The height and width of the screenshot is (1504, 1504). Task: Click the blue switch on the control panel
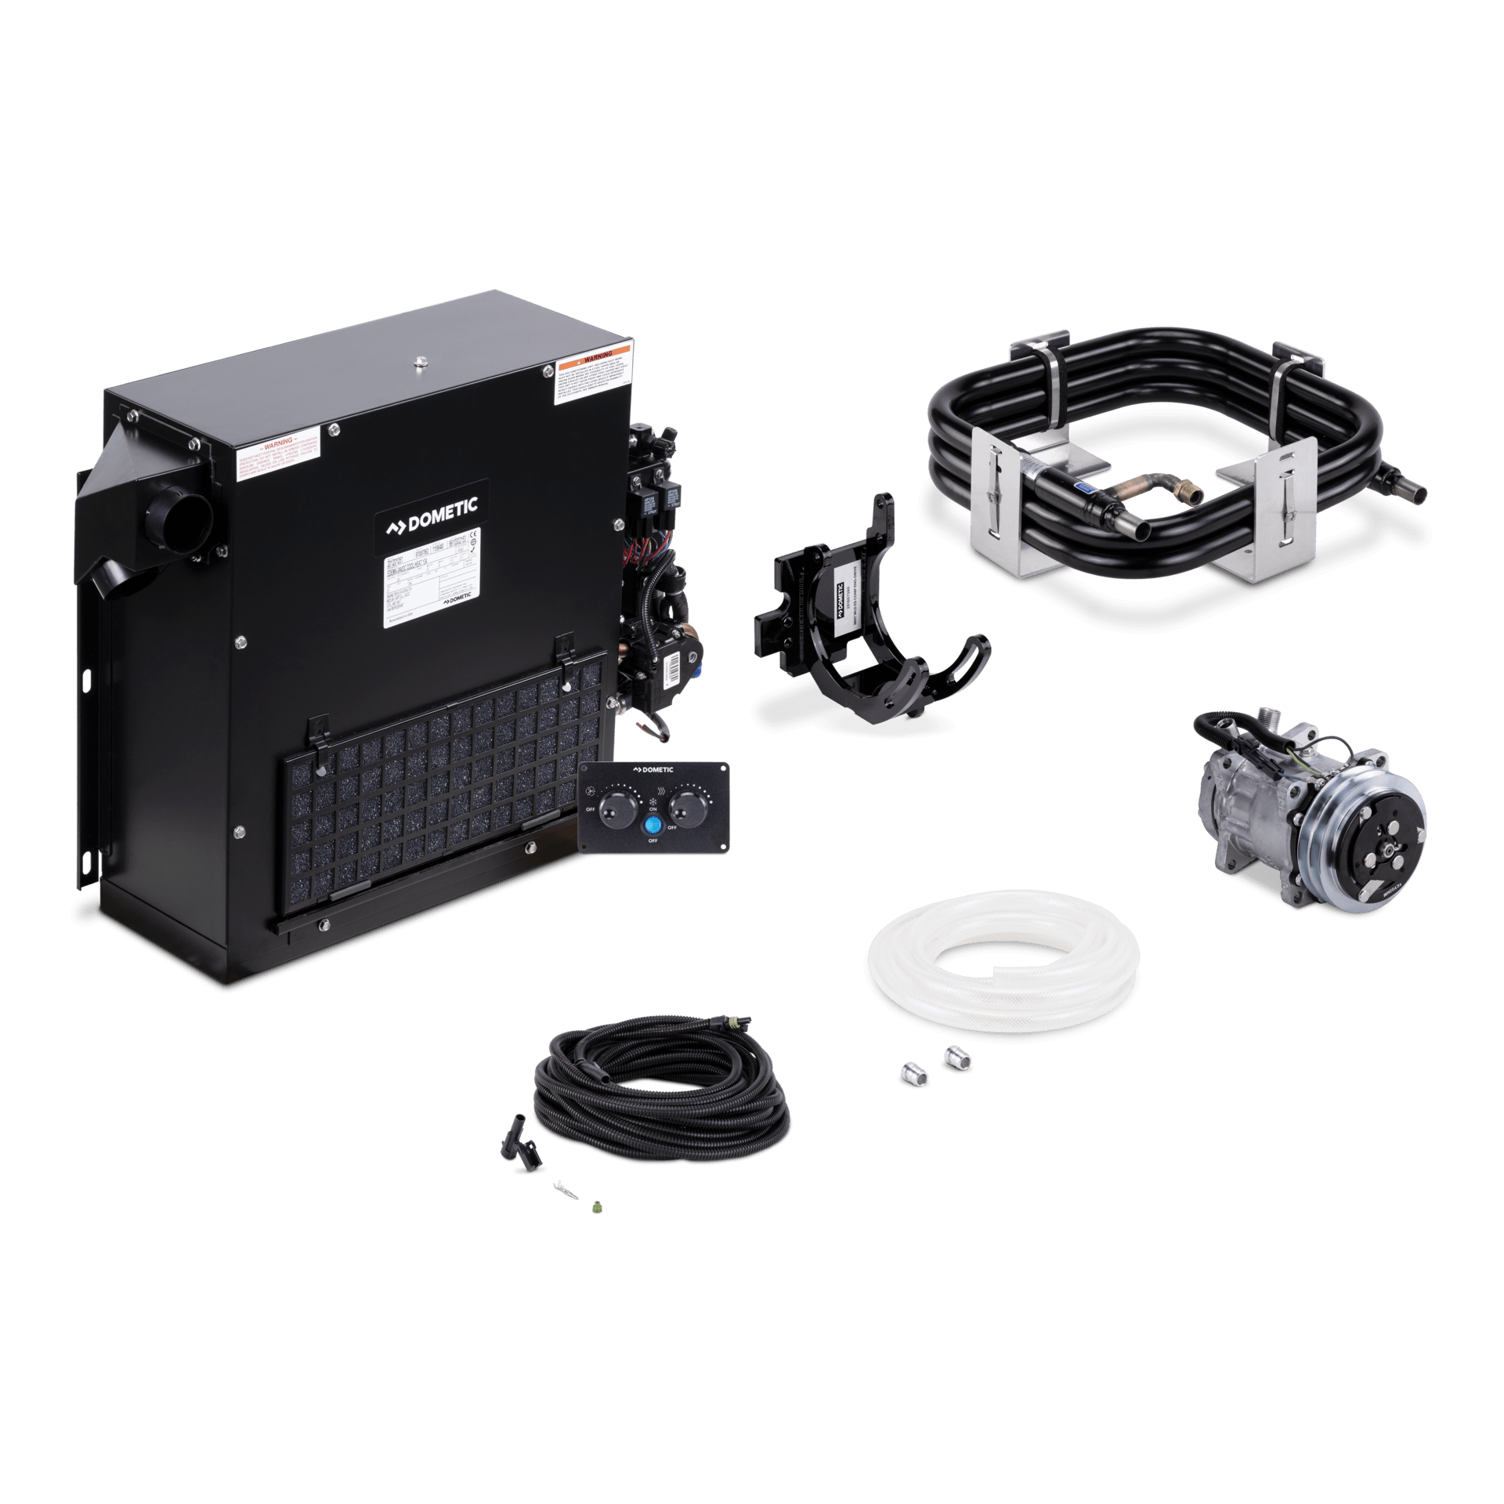(x=653, y=825)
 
